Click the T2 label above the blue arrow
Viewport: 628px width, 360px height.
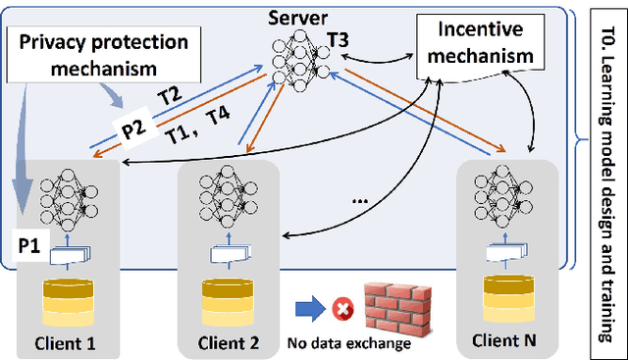coord(170,95)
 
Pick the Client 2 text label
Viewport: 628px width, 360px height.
coord(228,342)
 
